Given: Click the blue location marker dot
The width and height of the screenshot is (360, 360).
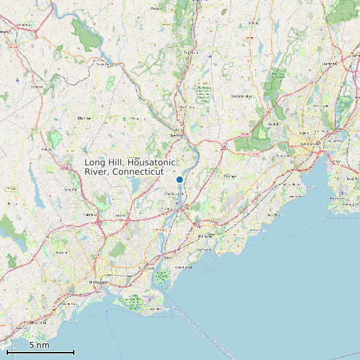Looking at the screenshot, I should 179,179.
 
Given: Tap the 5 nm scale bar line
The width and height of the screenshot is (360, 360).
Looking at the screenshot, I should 41,352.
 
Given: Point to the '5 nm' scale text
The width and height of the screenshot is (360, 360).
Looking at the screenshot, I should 39,345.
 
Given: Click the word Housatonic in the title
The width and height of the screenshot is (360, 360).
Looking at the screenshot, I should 152,162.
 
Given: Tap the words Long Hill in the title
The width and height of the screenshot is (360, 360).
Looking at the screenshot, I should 104,162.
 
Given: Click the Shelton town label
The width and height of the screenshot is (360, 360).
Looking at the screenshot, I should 176,135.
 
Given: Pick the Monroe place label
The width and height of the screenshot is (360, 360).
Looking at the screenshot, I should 84,118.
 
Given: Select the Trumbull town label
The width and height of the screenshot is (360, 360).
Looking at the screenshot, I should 90,215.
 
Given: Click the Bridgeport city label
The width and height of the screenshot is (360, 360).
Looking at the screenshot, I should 97,282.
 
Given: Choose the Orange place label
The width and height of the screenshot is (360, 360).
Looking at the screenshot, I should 230,176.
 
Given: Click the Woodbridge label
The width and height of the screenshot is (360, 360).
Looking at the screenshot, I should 242,96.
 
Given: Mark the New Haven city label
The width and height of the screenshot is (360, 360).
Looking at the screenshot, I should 306,143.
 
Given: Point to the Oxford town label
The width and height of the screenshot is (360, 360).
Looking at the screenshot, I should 157,9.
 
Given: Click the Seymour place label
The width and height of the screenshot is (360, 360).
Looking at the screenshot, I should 191,52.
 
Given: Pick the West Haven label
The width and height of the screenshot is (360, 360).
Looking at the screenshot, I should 292,184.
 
